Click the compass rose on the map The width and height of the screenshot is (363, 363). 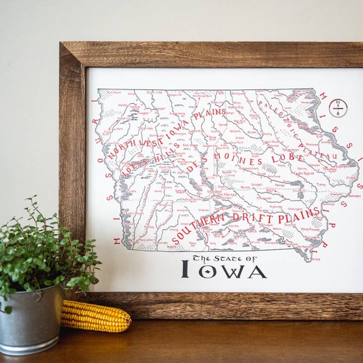pos(338,108)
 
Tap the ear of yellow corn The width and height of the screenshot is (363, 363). pos(96,317)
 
